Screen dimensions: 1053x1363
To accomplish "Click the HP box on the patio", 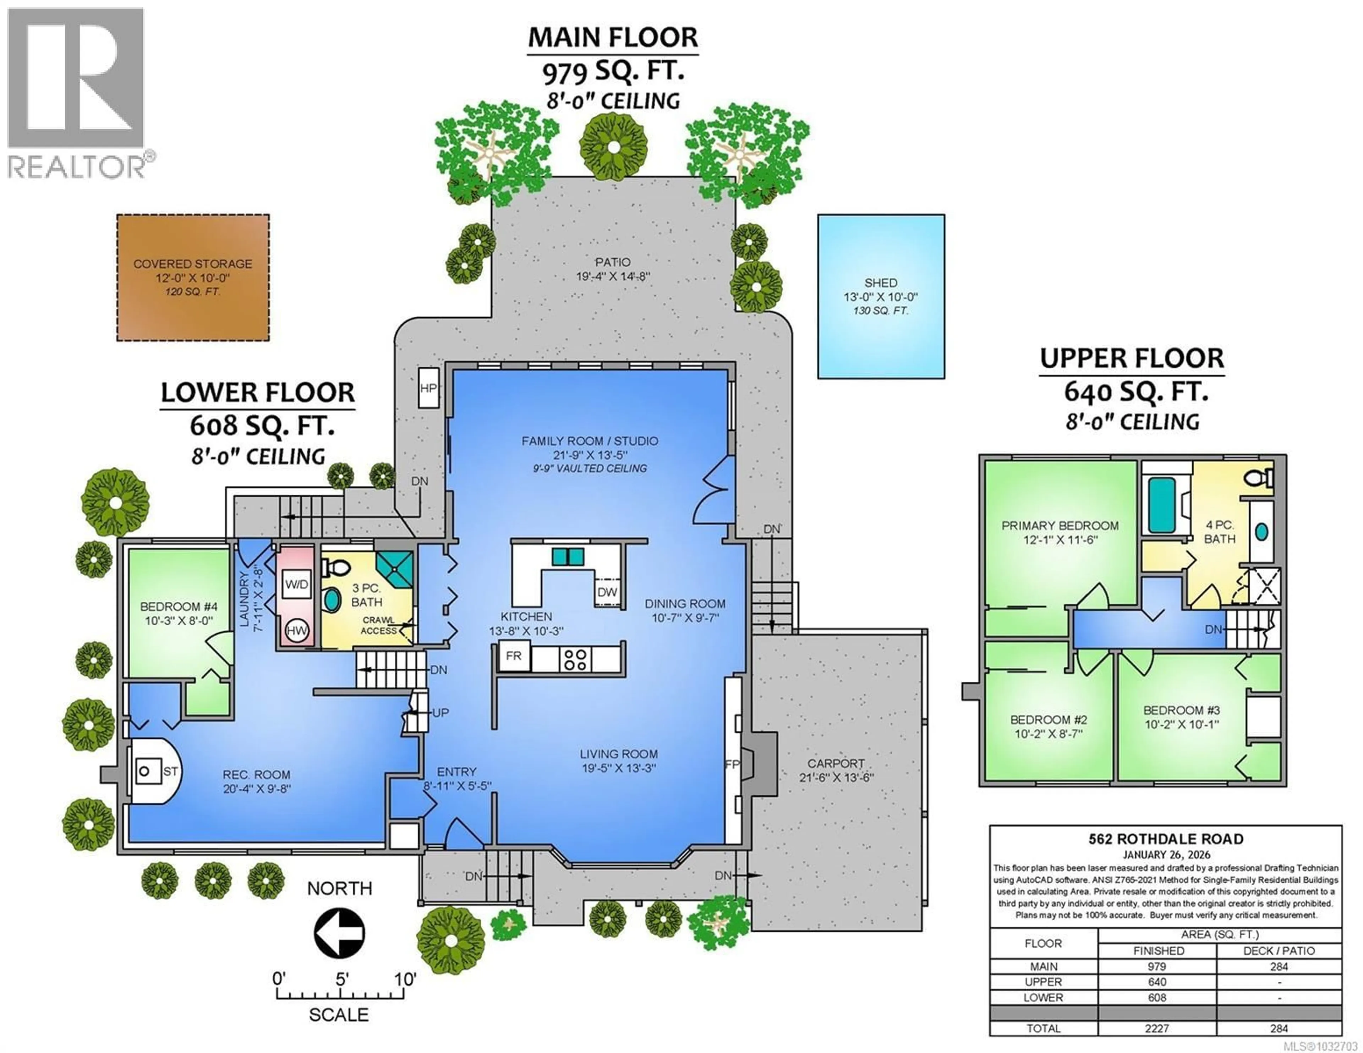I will (x=428, y=388).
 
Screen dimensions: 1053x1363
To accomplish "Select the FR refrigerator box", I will (x=514, y=656).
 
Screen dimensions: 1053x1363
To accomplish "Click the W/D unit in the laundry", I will (x=296, y=584).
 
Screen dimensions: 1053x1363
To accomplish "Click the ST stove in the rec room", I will (x=150, y=772).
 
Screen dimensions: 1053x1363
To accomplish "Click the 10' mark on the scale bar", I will (x=405, y=979).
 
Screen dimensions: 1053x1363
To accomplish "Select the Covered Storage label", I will (x=193, y=264).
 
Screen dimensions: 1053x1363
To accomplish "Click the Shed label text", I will (x=881, y=283).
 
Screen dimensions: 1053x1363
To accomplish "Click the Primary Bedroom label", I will (x=1060, y=526).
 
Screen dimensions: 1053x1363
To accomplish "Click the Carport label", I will (x=836, y=763).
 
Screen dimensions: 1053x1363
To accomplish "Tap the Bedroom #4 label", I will (x=179, y=607).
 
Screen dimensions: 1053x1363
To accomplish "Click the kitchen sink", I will (x=567, y=556).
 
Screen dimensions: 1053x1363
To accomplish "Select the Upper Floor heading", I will (x=1132, y=358).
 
